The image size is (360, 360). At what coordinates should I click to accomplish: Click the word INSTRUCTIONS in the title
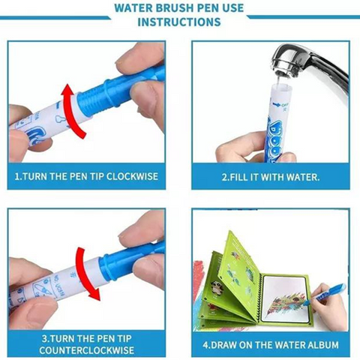coord(179,22)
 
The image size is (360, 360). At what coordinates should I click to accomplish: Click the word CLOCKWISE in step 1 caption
coord(132,176)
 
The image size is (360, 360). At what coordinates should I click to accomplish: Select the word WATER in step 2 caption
coord(303,177)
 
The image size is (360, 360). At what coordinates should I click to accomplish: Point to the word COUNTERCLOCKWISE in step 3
coord(86,350)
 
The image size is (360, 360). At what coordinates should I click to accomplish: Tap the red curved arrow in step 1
coord(73,111)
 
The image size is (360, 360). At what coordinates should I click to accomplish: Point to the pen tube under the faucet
coord(279,122)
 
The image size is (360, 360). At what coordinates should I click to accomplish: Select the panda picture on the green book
coord(216,286)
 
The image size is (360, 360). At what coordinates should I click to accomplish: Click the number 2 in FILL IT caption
coord(224,177)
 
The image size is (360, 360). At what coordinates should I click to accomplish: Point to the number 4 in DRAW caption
coord(205,345)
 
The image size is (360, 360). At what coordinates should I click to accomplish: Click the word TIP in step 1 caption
coord(96,176)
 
